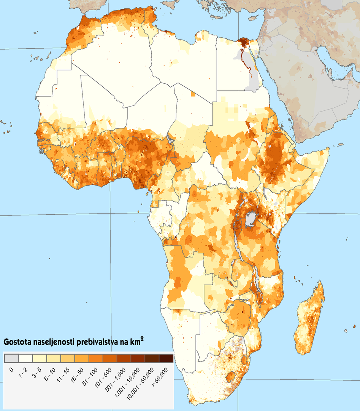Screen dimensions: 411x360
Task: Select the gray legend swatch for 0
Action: pyautogui.click(x=11, y=358)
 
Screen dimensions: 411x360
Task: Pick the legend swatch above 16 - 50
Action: pyautogui.click(x=82, y=358)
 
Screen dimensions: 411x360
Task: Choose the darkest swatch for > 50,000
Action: pyautogui.click(x=166, y=358)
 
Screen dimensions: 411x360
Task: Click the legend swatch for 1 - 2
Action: pyautogui.click(x=25, y=358)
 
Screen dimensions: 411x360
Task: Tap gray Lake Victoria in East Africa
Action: pyautogui.click(x=250, y=219)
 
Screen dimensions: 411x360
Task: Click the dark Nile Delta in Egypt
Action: pyautogui.click(x=242, y=42)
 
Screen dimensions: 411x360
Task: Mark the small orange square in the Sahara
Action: pyautogui.click(x=193, y=94)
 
